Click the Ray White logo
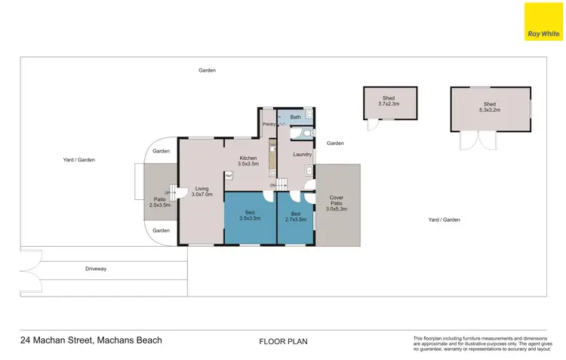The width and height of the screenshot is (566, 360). coord(543,22)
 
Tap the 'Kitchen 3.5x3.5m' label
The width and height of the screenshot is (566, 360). coord(248,161)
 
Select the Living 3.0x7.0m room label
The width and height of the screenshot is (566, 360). coord(201,192)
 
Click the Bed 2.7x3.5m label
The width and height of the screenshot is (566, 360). coord(296,216)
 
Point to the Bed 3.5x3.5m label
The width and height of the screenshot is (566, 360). coord(250,216)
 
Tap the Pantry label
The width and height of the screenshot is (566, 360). coord(269,124)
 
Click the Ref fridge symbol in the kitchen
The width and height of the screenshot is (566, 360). coord(229,175)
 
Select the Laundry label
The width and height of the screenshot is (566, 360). coord(303,155)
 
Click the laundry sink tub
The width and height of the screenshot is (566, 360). coord(309,171)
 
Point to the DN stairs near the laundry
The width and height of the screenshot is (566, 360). coord(280,185)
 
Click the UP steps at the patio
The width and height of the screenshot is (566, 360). coord(170,192)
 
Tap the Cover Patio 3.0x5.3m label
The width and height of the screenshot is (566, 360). coord(337,204)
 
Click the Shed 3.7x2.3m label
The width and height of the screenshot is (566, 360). coord(389,101)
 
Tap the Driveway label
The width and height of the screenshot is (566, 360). coord(95,268)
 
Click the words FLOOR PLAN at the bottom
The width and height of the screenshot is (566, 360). coord(283,341)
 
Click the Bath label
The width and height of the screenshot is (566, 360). coord(295,117)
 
